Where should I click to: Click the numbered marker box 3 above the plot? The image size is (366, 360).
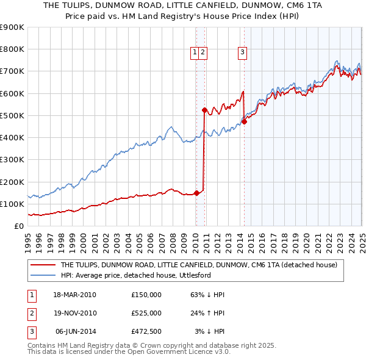[x=242, y=52]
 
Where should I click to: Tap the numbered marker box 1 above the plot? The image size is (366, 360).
[x=195, y=52]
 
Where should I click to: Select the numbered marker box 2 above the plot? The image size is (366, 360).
[x=203, y=52]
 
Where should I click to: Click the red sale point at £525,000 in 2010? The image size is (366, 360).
[x=204, y=110]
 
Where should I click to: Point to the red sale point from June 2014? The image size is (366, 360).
[x=244, y=121]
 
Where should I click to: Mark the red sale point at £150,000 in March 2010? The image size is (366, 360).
[x=196, y=193]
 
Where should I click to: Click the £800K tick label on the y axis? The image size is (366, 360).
[x=12, y=49]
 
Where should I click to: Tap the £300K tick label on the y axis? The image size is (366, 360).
[x=12, y=160]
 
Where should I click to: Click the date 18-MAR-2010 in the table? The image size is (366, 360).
[x=74, y=295]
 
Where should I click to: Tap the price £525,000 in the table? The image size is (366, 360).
[x=146, y=313]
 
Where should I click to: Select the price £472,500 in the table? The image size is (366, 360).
[x=146, y=331]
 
